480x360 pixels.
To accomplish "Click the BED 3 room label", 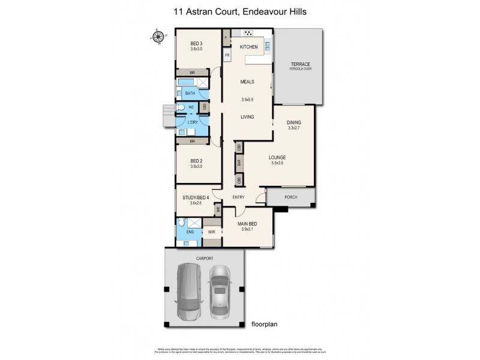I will (x=195, y=43).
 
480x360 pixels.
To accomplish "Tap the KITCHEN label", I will (x=248, y=47).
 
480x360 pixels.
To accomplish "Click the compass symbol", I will (x=158, y=37).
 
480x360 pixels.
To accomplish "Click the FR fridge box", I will (x=227, y=56).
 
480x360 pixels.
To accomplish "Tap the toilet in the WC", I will (x=180, y=107).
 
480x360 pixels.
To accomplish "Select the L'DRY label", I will (x=193, y=122).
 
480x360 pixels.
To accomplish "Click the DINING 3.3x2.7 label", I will (x=294, y=123).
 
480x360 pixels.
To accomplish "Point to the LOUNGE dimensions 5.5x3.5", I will (x=277, y=163).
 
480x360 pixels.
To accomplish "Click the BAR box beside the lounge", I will (x=239, y=162).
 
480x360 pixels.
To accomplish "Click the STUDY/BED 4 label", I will (x=195, y=197).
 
